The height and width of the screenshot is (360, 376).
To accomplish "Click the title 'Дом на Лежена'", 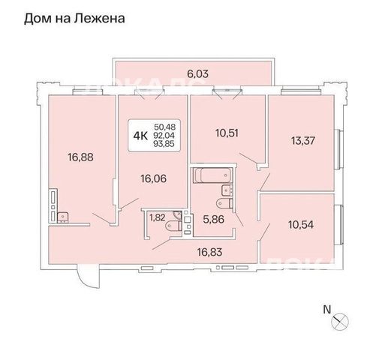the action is point(74,19).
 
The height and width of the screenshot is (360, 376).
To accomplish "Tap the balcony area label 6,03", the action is point(197,74).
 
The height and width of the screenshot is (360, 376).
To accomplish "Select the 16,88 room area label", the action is point(80,157).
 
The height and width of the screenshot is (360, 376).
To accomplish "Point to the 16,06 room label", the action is point(153,178).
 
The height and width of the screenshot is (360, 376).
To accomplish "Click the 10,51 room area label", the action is point(227,133).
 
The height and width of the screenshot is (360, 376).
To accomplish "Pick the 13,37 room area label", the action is point(303,141).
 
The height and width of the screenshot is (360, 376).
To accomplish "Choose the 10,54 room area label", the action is point(301,225).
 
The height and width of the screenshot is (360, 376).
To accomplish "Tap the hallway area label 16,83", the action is point(209,252).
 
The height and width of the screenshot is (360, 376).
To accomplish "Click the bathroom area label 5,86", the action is point(213,220).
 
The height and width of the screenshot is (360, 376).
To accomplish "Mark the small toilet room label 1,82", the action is point(157,217).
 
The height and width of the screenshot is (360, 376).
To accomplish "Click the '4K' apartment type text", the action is point(140,136).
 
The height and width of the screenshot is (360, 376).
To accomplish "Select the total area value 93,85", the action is point(164,143).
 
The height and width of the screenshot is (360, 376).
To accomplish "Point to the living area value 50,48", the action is point(164,127).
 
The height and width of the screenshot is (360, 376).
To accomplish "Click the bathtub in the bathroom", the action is point(212,175).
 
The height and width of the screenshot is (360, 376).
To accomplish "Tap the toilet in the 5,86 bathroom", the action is point(224,203).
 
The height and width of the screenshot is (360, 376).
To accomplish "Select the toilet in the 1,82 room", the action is point(173,226).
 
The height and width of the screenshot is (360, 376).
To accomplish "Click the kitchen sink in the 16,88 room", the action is point(63,217).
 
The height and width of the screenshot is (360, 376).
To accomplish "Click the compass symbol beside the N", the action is point(340,321).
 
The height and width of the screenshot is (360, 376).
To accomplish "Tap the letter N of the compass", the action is point(327,310).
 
